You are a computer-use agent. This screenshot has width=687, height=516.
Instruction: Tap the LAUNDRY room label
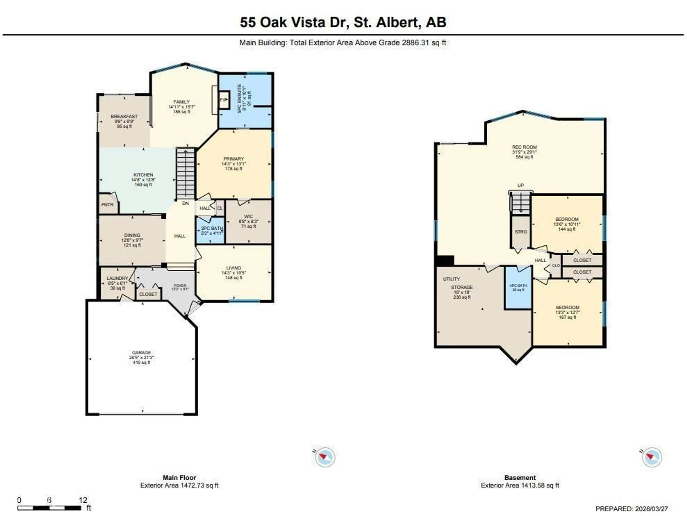point(117,278)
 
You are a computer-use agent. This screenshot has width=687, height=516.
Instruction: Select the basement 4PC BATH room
point(518,287)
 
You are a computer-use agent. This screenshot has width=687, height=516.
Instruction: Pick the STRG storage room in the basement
point(521,232)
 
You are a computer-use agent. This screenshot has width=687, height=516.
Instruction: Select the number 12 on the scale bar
point(83,500)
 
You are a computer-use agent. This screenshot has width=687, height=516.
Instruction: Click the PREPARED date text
point(631,509)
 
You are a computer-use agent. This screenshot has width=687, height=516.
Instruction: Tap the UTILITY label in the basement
point(451,279)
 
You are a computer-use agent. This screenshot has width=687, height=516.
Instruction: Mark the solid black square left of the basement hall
point(445,260)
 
